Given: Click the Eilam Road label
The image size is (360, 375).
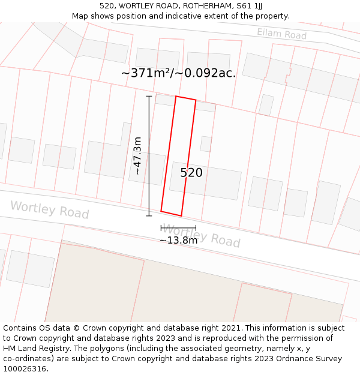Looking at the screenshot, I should [x=281, y=34].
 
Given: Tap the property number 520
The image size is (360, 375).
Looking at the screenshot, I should [x=191, y=173].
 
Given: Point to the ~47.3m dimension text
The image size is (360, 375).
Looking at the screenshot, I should [x=137, y=156].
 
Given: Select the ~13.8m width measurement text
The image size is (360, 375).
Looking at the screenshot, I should [x=178, y=241].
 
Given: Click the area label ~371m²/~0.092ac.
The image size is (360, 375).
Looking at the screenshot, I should [x=178, y=73].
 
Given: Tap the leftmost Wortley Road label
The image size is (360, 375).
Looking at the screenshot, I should [x=49, y=210].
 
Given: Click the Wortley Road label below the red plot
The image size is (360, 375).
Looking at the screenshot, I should [x=202, y=235].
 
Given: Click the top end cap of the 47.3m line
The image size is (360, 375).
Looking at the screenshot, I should [x=149, y=96].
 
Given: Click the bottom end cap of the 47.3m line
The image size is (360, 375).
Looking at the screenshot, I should [x=149, y=216].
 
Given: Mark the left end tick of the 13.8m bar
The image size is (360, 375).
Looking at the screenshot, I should [x=161, y=228].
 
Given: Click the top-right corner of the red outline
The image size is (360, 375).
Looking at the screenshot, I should [x=196, y=100].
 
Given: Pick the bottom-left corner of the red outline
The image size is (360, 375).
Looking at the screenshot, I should [x=161, y=211].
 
